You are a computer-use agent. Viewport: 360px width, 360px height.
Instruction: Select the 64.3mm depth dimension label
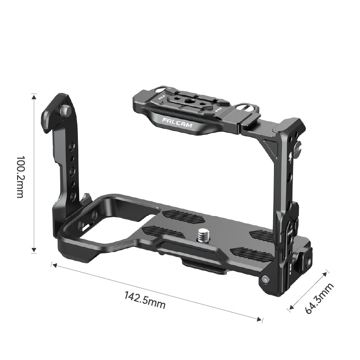pyautogui.click(x=319, y=298)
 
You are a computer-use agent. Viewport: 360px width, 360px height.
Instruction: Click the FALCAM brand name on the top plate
pyautogui.click(x=177, y=122)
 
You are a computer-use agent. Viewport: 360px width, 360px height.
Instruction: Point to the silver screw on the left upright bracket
pyautogui.click(x=65, y=110)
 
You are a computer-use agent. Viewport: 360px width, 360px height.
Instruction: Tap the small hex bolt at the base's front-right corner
pyautogui.click(x=265, y=279)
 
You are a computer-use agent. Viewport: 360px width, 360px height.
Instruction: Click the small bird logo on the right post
pyautogui.click(x=290, y=157)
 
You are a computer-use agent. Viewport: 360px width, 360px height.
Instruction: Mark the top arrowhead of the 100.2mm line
pyautogui.click(x=34, y=97)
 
